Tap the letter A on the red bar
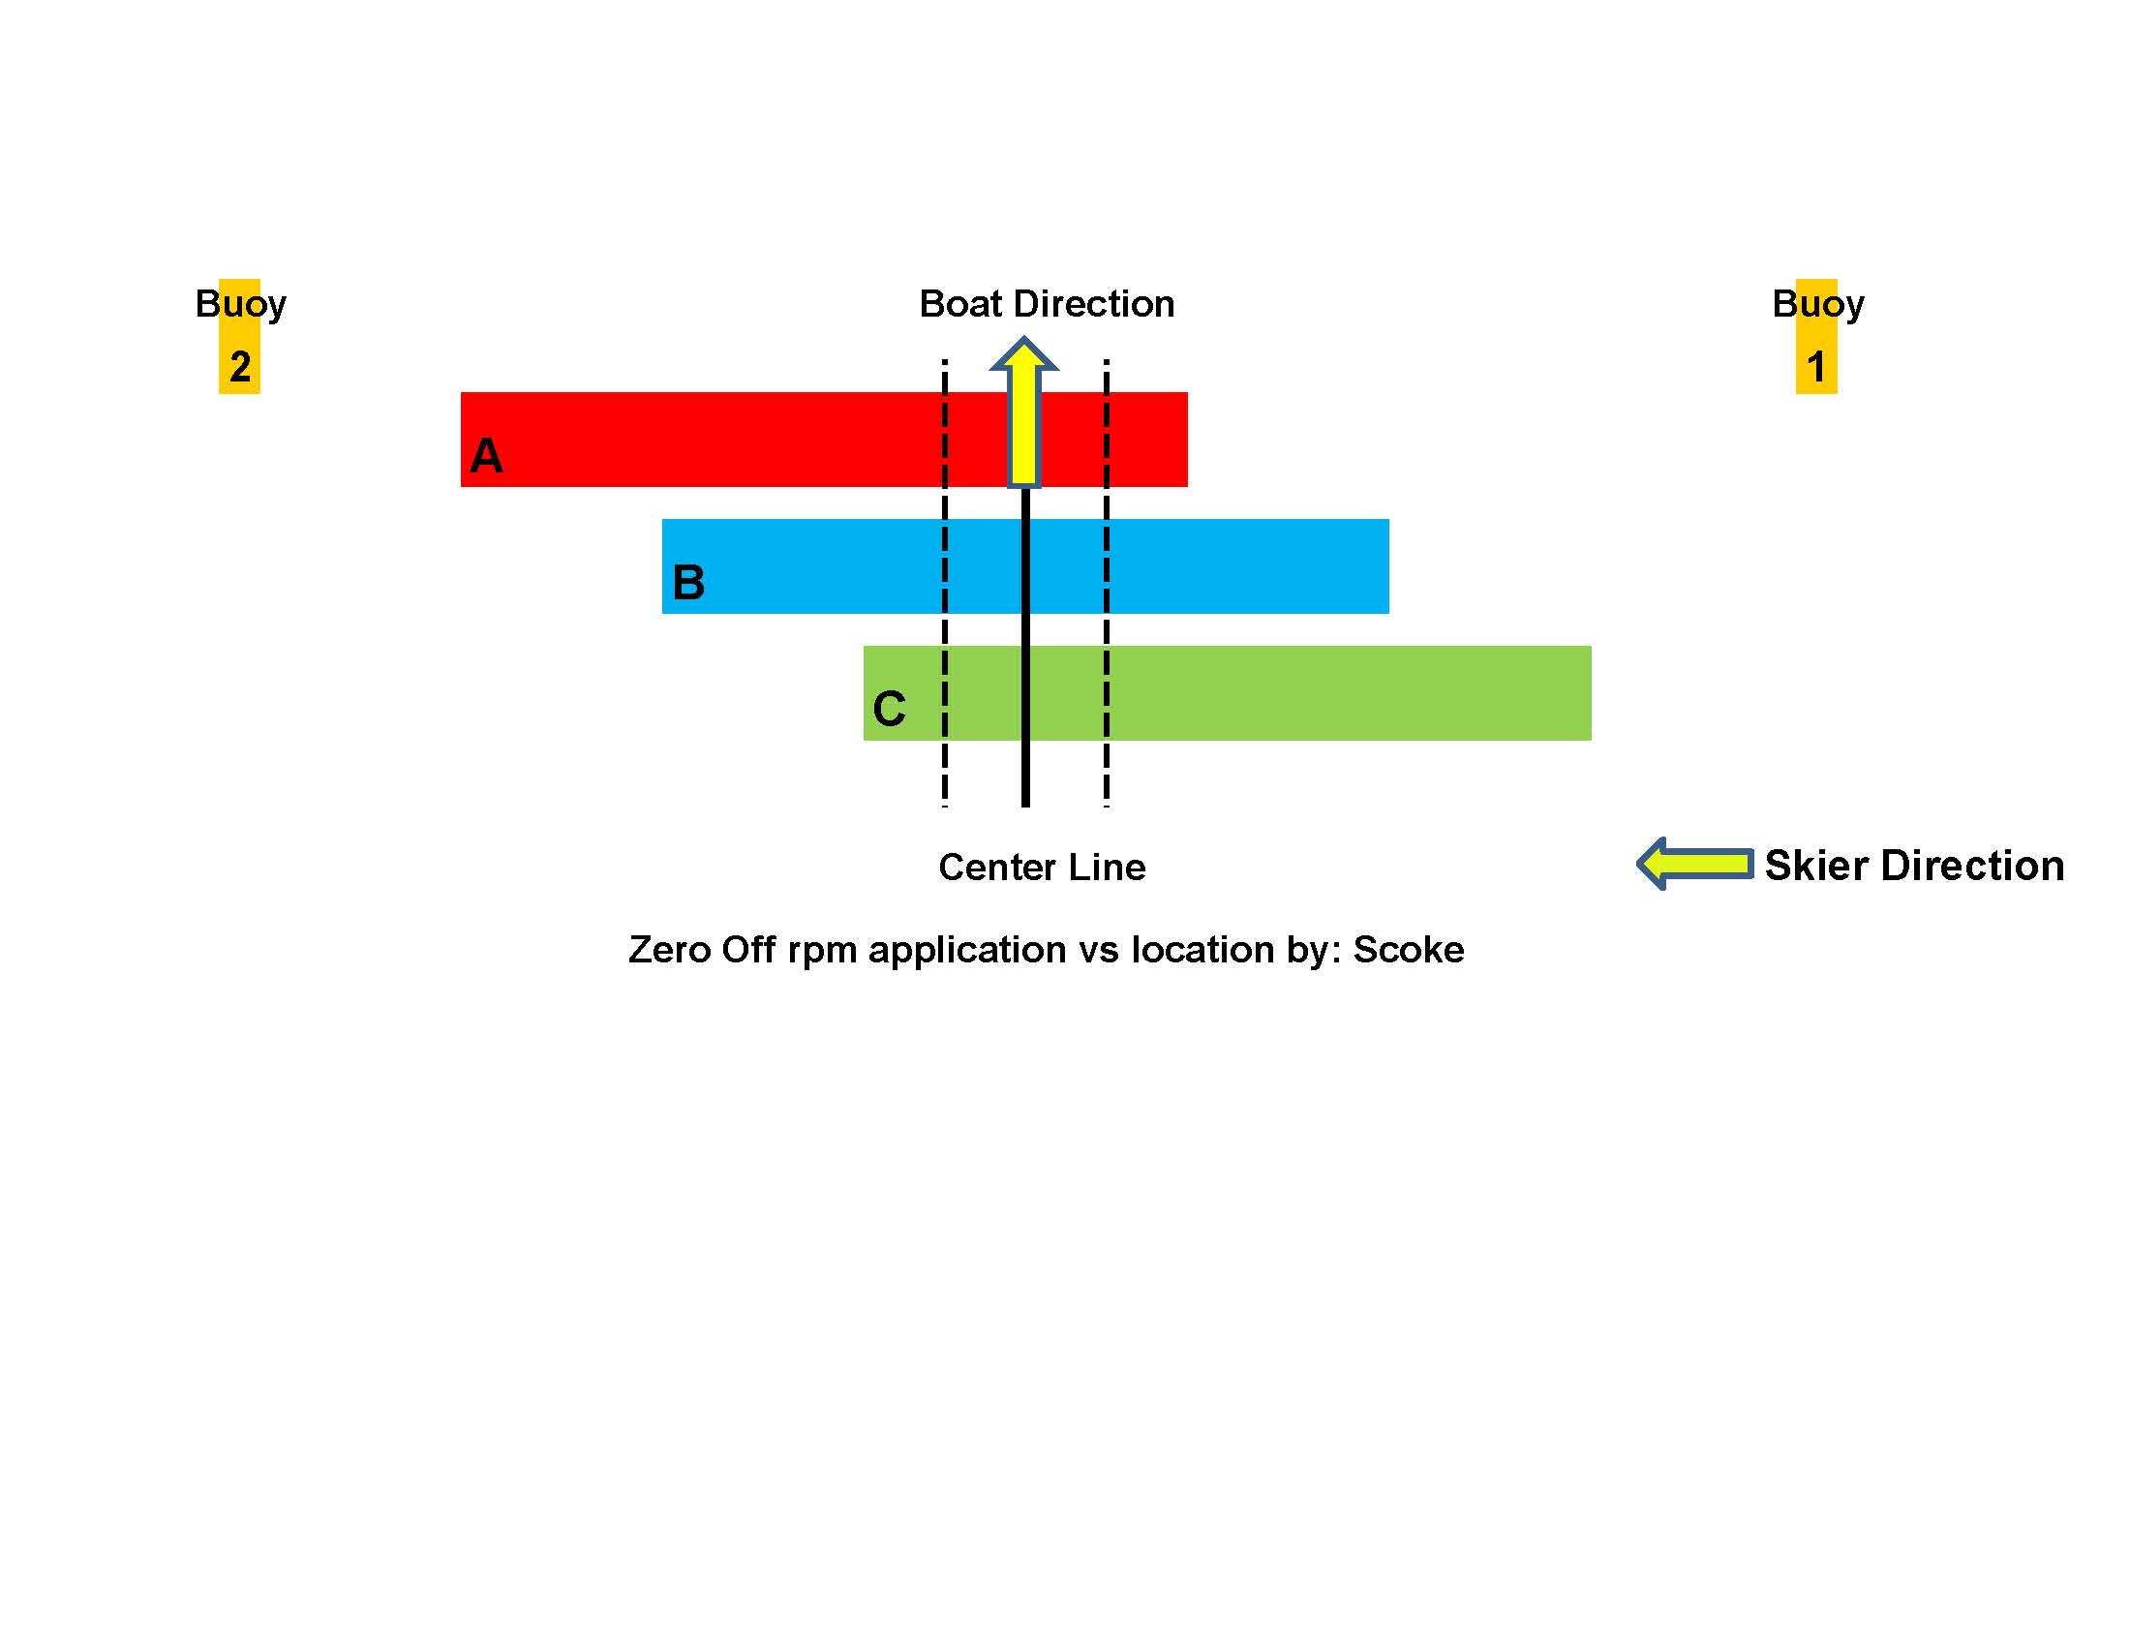pos(486,455)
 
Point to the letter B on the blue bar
pos(688,582)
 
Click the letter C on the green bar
pos(889,708)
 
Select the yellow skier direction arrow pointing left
pos(1695,864)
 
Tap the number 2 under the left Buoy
pos(240,367)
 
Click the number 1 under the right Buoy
pos(1816,367)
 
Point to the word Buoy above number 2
pos(241,304)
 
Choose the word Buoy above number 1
pos(1818,304)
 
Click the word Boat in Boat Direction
pos(960,304)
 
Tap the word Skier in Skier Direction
pos(1816,866)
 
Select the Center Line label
pos(1042,867)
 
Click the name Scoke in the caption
pos(1409,950)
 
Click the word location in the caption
pos(1202,950)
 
